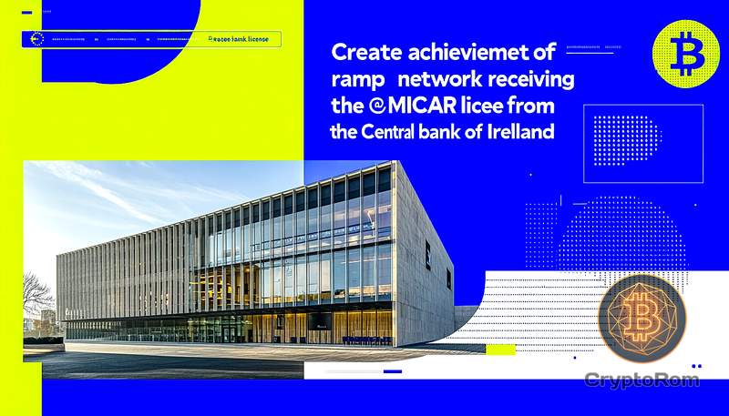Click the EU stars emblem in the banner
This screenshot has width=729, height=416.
click(37, 39)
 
